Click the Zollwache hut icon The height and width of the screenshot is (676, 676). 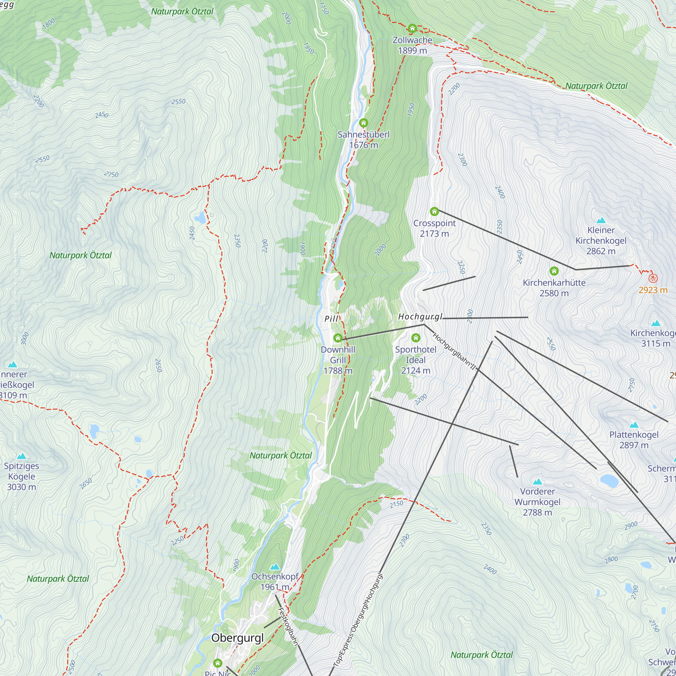412,28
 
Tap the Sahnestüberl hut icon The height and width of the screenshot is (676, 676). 364,123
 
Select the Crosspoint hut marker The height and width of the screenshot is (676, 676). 434,211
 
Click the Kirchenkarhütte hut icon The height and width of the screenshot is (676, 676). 554,271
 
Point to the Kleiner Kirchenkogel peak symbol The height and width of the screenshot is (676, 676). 601,220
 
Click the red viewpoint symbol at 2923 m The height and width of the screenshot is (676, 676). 653,279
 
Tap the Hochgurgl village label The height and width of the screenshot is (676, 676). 420,317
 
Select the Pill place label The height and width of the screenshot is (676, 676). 331,319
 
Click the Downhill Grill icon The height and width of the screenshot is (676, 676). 338,338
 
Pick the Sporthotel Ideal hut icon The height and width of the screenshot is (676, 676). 416,338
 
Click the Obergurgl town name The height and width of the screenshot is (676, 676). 238,638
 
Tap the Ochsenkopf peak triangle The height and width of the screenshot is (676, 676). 275,566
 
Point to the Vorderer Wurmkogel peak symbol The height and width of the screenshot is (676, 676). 537,482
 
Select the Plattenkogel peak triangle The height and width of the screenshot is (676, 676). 634,425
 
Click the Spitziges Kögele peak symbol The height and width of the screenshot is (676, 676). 22,456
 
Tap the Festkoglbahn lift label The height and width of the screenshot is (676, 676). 288,626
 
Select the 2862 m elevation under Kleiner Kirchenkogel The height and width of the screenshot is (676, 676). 601,251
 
